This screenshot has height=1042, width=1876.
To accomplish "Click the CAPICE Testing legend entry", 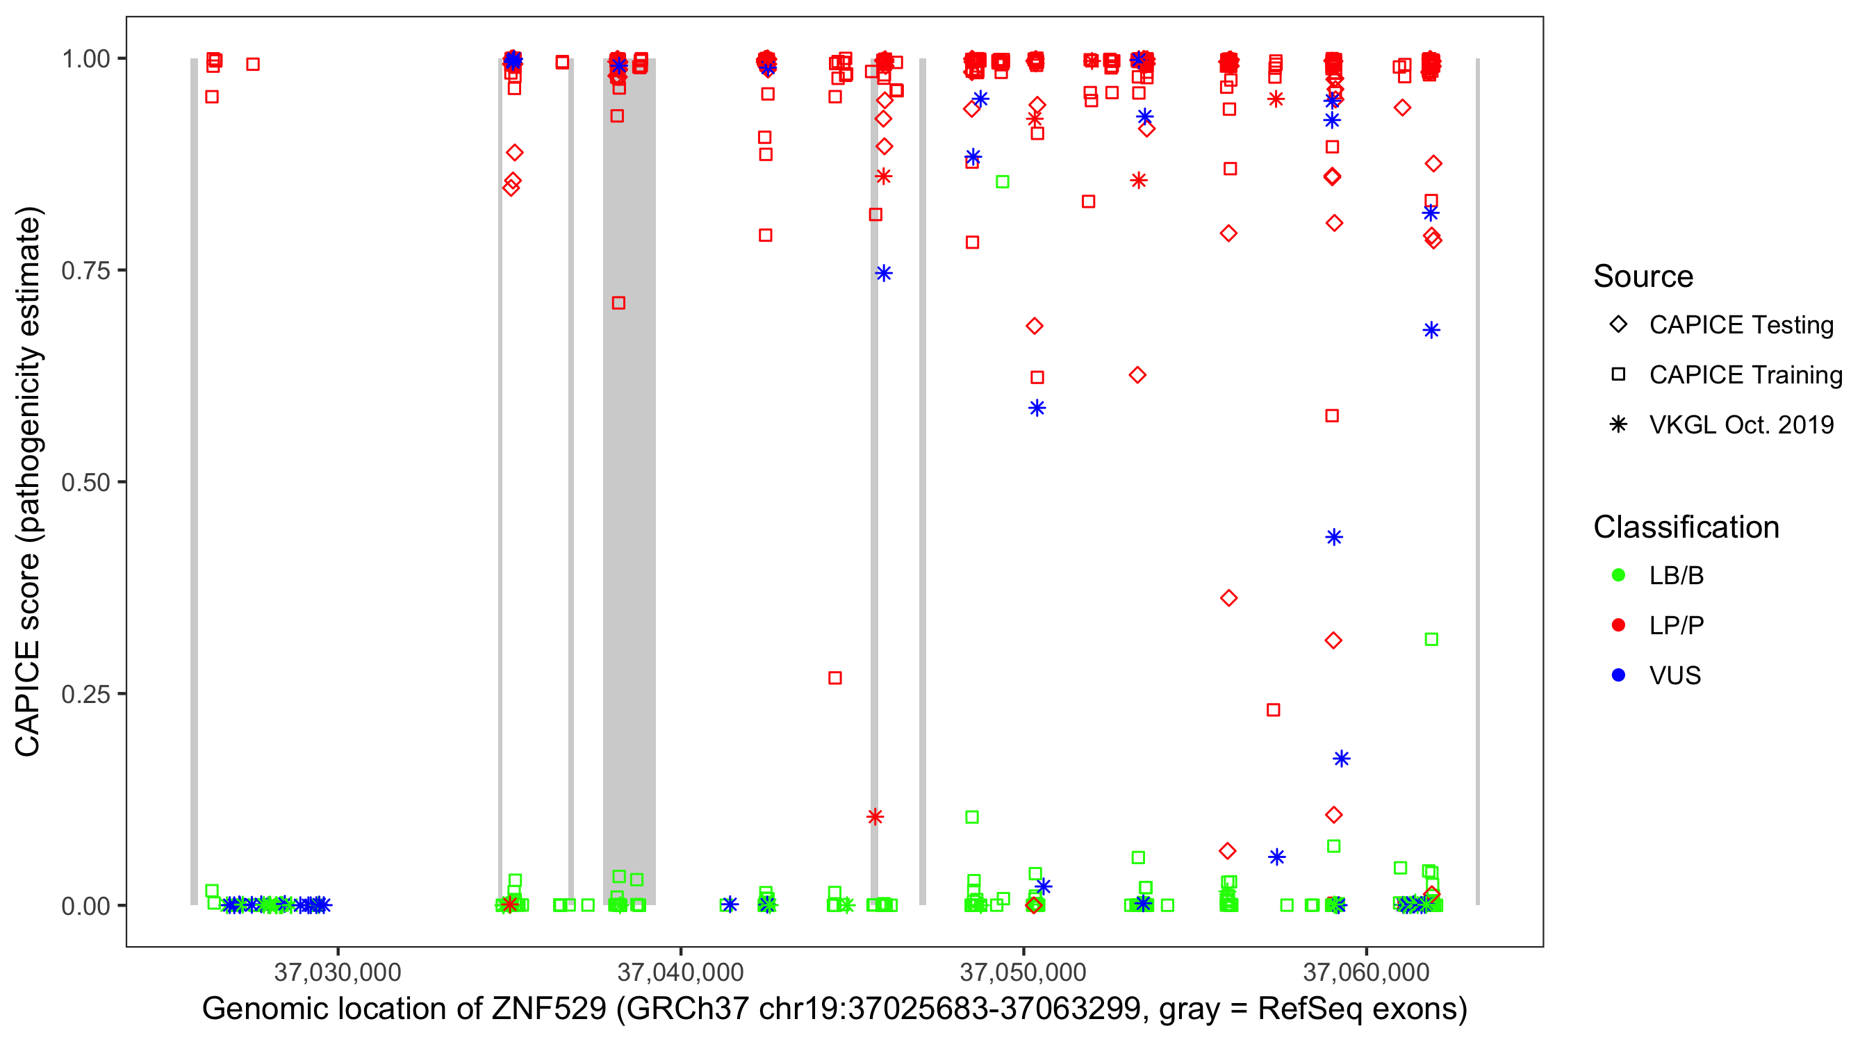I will click(1741, 325).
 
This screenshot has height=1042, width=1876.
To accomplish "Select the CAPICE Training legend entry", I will click(1745, 375).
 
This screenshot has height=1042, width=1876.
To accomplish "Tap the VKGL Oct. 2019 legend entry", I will click(1741, 424).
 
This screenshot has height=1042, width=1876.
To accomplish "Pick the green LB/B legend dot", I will click(1618, 575).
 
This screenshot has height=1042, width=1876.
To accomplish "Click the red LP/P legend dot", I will click(1618, 625).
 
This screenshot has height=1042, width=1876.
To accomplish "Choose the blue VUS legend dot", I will click(1618, 675).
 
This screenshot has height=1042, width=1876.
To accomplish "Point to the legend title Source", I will click(1643, 276).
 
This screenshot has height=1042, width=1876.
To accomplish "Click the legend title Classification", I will click(1686, 527).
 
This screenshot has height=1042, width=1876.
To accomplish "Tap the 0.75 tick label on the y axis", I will click(85, 271).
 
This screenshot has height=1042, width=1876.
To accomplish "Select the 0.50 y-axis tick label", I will click(85, 482).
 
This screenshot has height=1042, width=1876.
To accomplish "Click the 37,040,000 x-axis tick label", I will click(680, 972).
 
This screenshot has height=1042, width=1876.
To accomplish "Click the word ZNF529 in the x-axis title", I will click(548, 1009).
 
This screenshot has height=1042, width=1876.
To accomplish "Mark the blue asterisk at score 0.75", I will click(883, 273).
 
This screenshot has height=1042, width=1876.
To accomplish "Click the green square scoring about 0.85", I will click(1002, 181).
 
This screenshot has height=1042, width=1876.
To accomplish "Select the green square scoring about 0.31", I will click(1431, 639).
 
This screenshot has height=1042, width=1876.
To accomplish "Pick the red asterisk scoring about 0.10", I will click(875, 817).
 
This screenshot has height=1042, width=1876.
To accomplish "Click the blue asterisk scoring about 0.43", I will click(1333, 538).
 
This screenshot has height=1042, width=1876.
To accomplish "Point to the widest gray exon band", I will click(629, 481).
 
